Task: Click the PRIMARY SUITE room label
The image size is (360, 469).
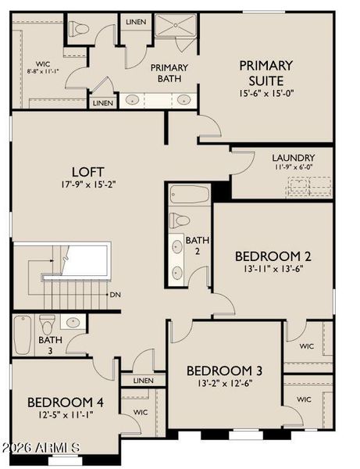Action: click(x=266, y=73)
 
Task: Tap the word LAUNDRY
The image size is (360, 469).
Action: click(x=294, y=157)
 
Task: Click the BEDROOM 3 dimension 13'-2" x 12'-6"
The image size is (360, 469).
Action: click(x=224, y=382)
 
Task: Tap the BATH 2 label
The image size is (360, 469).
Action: click(x=197, y=247)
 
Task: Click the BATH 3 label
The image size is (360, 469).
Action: click(x=51, y=345)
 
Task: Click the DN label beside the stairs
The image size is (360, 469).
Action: click(x=115, y=295)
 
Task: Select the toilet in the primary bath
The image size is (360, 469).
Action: click(x=80, y=30)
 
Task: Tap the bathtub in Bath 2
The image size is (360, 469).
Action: click(x=189, y=194)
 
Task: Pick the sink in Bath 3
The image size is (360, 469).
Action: click(x=73, y=321)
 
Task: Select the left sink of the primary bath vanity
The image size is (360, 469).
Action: click(x=133, y=99)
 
